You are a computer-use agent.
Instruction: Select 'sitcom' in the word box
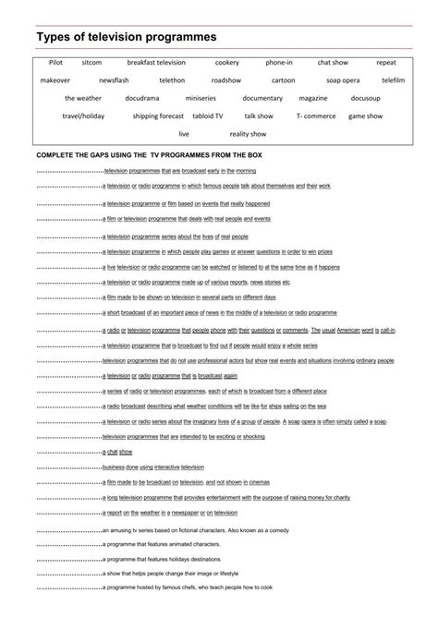91,63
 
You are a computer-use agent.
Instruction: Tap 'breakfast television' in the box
156,63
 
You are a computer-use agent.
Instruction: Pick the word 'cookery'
226,63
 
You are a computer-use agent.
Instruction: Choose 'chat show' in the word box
333,63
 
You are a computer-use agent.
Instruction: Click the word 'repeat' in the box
385,63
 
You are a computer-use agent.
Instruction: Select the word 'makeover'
55,80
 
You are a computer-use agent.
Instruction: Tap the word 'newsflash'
115,80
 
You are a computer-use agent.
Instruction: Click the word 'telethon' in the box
172,80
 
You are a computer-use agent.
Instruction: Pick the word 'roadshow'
225,80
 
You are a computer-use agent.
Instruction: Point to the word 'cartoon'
283,80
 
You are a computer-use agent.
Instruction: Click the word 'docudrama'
141,98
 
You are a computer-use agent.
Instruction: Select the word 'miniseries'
201,98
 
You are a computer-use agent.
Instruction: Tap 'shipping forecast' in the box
158,116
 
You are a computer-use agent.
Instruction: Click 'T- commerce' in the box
314,116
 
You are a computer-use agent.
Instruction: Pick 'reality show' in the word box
247,134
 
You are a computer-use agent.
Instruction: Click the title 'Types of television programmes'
126,36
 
